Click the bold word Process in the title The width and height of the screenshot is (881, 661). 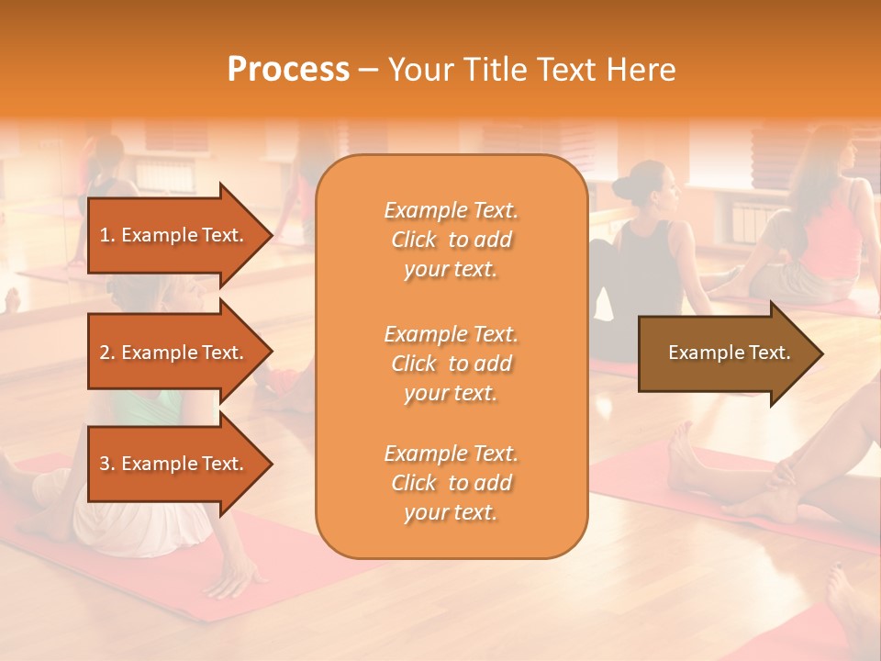(x=288, y=70)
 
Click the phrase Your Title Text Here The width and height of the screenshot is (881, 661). (x=531, y=70)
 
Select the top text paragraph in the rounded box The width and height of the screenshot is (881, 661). (x=451, y=240)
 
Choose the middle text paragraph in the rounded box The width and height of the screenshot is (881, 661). (x=451, y=364)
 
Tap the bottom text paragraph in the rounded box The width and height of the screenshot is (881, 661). (x=451, y=483)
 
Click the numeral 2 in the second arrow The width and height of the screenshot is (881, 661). (x=105, y=353)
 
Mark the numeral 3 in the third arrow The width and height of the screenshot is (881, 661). (x=105, y=464)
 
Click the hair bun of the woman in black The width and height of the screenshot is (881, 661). (x=623, y=188)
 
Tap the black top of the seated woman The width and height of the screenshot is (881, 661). (x=648, y=266)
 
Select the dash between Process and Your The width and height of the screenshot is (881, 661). (x=368, y=70)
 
